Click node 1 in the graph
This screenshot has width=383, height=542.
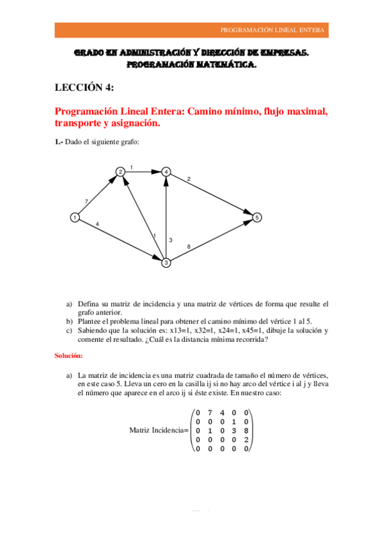point(75,217)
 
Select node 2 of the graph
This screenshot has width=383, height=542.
point(120,171)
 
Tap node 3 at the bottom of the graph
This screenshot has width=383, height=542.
point(166,263)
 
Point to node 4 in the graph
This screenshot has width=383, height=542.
point(166,171)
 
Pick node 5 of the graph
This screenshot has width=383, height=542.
point(256,217)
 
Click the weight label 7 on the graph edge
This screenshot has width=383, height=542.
point(86,202)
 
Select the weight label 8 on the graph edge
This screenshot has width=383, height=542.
point(188,247)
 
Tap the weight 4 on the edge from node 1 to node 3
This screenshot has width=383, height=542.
point(97,224)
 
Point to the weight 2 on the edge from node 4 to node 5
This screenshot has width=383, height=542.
point(189,179)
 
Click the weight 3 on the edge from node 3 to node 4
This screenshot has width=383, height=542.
point(171,240)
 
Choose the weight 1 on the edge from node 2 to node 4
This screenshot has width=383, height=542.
point(132,167)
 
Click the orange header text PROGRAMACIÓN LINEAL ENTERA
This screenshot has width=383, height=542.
point(272,30)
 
